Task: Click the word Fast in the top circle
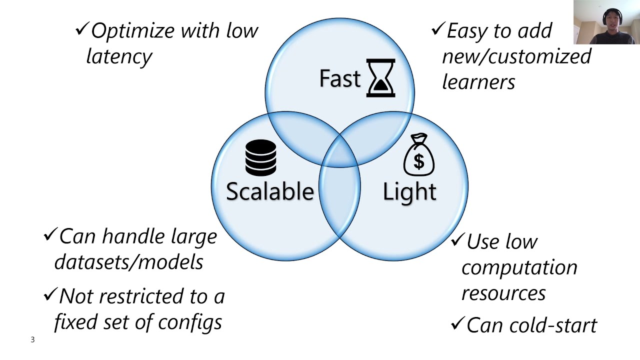point(340,78)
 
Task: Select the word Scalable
point(270,191)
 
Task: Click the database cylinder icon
point(260,157)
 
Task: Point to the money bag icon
point(418,155)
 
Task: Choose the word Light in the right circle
point(409,191)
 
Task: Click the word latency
point(119,55)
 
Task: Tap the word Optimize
point(131,31)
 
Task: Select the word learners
point(478,81)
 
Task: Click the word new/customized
point(516,56)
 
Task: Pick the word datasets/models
point(128,261)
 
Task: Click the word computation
point(519,267)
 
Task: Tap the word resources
point(503,292)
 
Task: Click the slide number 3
point(33,340)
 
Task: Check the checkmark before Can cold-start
point(457,324)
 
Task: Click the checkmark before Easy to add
point(437,29)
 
